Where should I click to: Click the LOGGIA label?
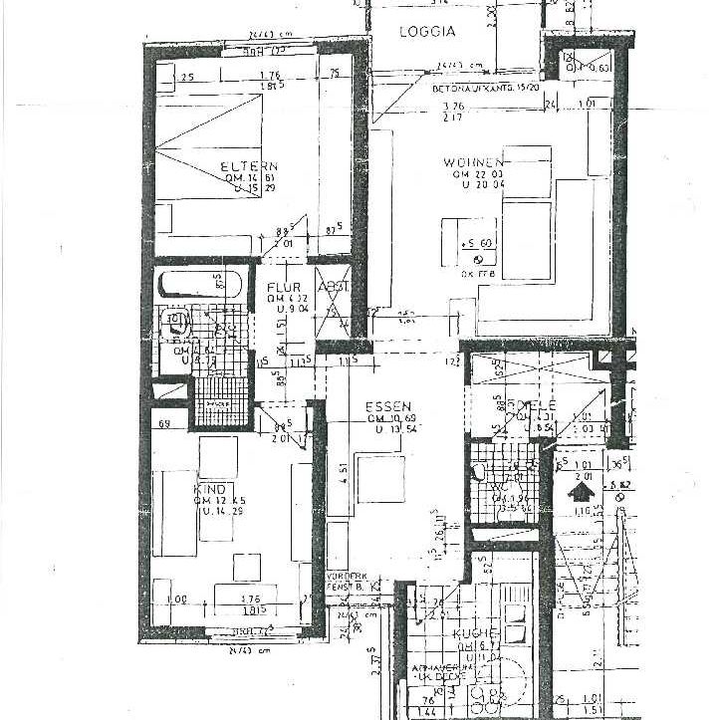(426, 31)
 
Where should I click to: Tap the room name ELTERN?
(249, 166)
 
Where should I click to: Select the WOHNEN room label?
(475, 162)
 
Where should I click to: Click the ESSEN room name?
(384, 406)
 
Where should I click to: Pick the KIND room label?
(209, 490)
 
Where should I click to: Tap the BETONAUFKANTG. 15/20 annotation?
(485, 88)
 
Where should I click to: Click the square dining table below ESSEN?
(379, 477)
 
